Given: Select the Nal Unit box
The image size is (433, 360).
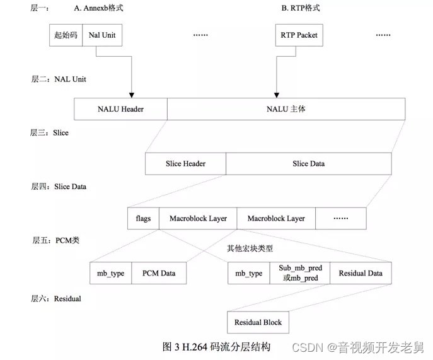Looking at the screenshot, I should pyautogui.click(x=101, y=35).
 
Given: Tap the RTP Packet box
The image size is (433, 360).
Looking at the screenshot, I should pyautogui.click(x=299, y=35).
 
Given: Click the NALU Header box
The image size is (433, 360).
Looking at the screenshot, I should pyautogui.click(x=120, y=109).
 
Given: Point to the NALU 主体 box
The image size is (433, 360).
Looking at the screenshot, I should pyautogui.click(x=286, y=109).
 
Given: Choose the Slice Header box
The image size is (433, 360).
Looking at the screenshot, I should pyautogui.click(x=185, y=164).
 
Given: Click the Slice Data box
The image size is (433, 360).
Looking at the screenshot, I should pyautogui.click(x=308, y=164).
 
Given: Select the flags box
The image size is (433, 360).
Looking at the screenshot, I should pyautogui.click(x=143, y=219).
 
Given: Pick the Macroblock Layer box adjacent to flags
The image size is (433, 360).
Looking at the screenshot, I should pyautogui.click(x=198, y=219).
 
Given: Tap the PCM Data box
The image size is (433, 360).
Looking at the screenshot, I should pyautogui.click(x=159, y=274).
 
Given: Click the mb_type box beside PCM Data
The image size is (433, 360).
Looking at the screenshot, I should pyautogui.click(x=110, y=274).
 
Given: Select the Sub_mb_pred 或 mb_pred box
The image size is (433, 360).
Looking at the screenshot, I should pyautogui.click(x=300, y=274).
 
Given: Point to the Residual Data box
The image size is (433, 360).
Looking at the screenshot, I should pyautogui.click(x=360, y=274).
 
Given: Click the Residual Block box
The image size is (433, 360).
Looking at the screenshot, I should pyautogui.click(x=258, y=322).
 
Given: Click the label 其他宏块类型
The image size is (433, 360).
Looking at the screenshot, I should pyautogui.click(x=250, y=248).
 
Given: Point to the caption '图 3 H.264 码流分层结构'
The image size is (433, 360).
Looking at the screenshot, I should pyautogui.click(x=216, y=346).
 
